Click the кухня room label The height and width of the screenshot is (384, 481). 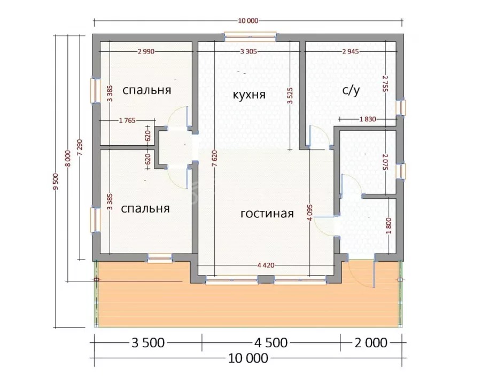(249, 95)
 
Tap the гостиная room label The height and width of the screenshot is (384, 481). (267, 214)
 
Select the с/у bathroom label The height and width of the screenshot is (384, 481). (351, 90)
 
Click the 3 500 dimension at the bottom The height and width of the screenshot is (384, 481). (148, 343)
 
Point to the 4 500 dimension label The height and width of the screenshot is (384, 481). (271, 343)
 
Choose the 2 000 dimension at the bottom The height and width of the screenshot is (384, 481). (371, 343)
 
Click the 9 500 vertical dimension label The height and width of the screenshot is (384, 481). (56, 182)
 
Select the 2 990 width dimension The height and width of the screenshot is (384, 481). (146, 51)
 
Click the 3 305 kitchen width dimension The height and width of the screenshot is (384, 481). (249, 51)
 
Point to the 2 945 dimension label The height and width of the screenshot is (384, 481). (351, 51)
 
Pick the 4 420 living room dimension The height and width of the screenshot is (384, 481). (266, 265)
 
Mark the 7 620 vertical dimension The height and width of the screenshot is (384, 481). (214, 159)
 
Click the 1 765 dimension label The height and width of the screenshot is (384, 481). (127, 121)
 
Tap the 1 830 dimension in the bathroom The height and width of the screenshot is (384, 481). (368, 119)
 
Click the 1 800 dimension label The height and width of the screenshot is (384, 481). (389, 225)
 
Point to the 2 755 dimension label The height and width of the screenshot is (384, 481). (385, 84)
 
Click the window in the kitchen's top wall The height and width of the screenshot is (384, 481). (250, 37)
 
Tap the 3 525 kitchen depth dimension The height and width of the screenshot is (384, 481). (290, 96)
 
